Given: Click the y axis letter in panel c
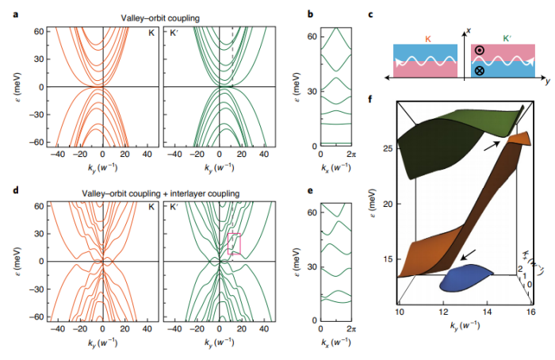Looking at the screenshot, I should click(548, 79).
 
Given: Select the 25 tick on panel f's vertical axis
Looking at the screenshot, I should click(387, 148).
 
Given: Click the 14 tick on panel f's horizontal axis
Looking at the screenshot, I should click(486, 314).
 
